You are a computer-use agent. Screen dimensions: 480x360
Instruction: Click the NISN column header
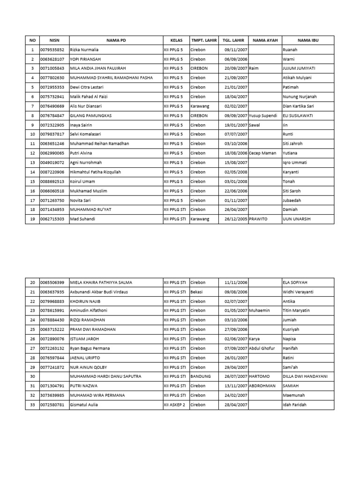54,40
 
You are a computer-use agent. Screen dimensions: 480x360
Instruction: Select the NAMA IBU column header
308,40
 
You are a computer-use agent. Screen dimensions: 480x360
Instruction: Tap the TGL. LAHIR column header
233,40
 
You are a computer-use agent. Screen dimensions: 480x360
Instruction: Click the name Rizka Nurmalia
84,50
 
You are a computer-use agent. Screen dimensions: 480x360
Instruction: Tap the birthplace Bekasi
197,292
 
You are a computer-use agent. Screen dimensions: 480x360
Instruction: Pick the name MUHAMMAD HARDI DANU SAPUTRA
105,376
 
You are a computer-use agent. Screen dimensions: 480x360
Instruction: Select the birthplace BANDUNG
201,376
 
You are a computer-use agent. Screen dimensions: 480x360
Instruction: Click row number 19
32,219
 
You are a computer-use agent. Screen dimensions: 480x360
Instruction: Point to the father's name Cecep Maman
263,153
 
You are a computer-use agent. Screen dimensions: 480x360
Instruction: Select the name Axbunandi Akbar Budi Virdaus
99,292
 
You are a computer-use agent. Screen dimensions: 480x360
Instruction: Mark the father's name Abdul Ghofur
262,348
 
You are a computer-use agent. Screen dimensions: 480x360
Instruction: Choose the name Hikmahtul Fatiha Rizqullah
95,172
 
